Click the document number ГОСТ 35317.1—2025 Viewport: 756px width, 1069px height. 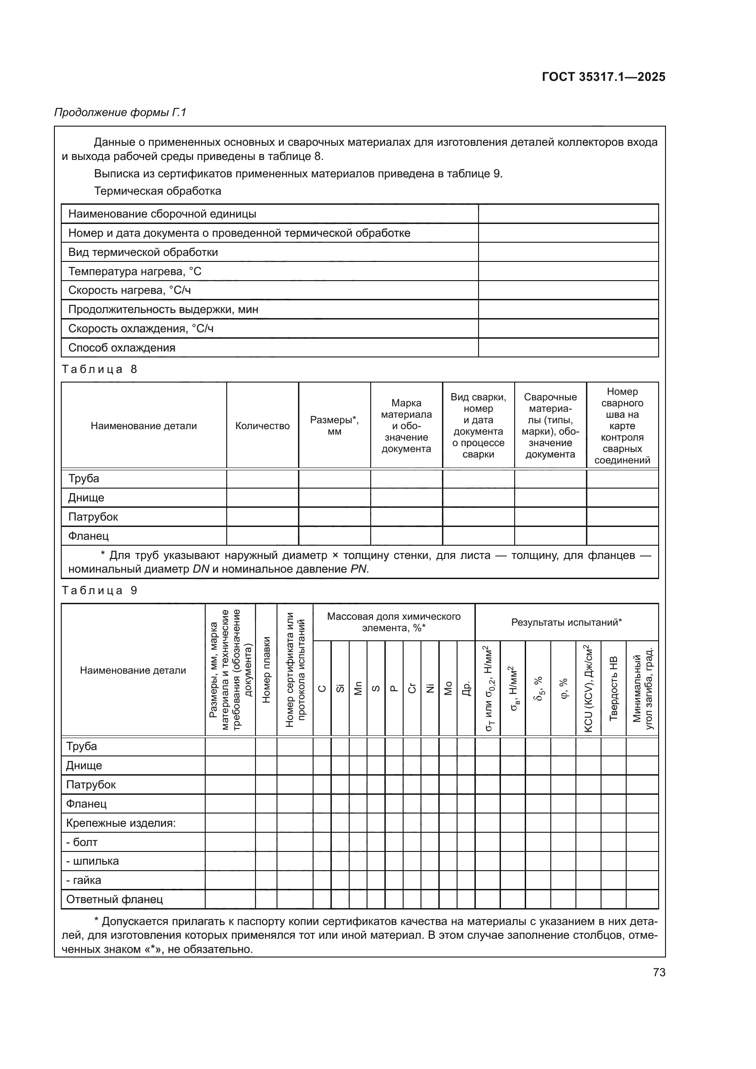click(603, 77)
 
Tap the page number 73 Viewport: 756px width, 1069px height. click(659, 972)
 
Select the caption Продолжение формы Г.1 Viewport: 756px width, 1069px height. click(120, 112)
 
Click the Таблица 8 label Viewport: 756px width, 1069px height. click(100, 369)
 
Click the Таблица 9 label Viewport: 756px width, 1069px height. click(100, 590)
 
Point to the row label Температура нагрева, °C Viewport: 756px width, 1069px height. click(134, 271)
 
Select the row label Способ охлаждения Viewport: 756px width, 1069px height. click(122, 347)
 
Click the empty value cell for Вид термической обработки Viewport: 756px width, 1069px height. click(568, 252)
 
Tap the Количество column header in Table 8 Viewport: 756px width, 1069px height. click(262, 425)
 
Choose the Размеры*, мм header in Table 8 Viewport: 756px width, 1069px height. click(334, 425)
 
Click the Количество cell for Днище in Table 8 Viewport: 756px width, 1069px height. click(262, 497)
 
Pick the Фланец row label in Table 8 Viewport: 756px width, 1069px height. click(89, 536)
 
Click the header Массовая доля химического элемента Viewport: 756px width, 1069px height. click(394, 622)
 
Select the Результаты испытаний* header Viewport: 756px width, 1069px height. click(566, 622)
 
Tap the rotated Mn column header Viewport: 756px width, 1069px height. click(358, 688)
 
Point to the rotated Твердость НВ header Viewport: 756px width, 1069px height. click(613, 688)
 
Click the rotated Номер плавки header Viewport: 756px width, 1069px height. click(266, 670)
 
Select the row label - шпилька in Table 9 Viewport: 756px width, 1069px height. click(92, 861)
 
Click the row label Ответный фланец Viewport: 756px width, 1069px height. click(115, 899)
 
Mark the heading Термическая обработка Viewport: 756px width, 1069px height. click(157, 191)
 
